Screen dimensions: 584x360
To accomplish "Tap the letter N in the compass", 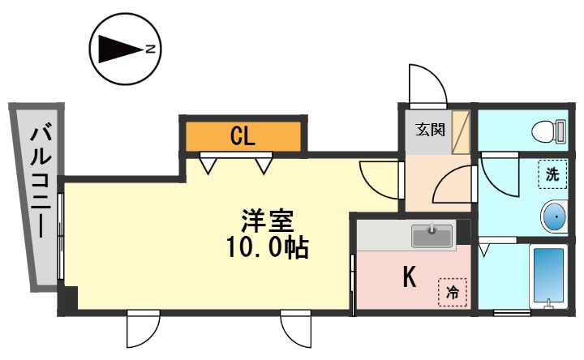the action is (x=150, y=49).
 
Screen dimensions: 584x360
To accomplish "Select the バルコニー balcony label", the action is (x=41, y=182).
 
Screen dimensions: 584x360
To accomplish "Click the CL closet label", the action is (x=243, y=136).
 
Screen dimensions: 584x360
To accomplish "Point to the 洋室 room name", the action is (x=268, y=221).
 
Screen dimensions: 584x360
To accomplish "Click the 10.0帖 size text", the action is (x=267, y=247).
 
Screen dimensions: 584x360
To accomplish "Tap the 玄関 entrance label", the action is (x=430, y=130).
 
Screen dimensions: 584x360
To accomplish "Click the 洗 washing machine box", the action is (x=552, y=174).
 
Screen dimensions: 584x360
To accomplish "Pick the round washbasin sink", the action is (x=555, y=216).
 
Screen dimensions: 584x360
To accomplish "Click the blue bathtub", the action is (x=548, y=276).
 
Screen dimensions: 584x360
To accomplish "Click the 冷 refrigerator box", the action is (x=453, y=292).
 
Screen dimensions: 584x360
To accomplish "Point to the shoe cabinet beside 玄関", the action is (x=461, y=132).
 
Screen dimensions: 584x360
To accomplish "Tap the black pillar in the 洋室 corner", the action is (x=68, y=298).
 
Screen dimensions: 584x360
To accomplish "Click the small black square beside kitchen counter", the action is (x=463, y=231).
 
